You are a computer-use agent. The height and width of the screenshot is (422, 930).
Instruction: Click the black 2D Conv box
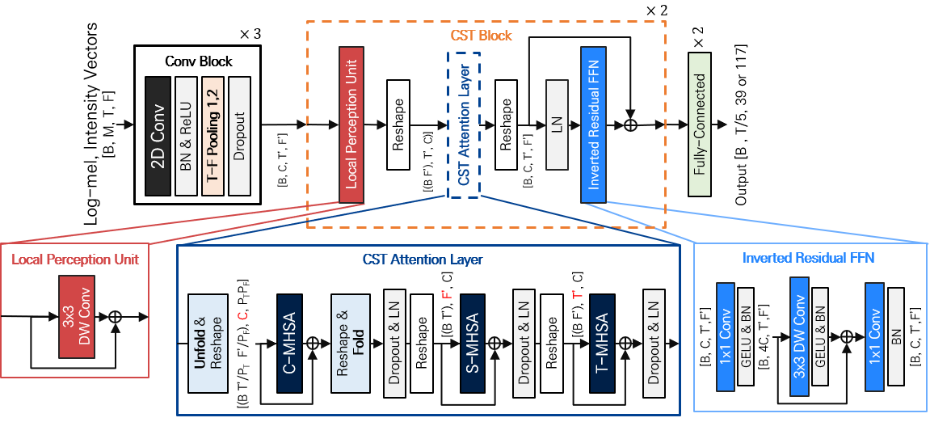click(158, 136)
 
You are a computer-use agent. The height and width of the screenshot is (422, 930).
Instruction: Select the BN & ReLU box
click(187, 136)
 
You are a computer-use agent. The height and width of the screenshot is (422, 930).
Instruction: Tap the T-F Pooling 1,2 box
click(213, 136)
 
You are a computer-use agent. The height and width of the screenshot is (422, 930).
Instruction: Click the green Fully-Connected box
click(701, 125)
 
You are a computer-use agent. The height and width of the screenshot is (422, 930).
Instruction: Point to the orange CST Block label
click(481, 36)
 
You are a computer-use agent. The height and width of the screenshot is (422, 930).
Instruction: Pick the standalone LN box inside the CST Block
click(557, 124)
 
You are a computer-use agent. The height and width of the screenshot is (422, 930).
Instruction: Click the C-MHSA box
click(288, 344)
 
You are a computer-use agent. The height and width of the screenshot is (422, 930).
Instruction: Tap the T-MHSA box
click(602, 344)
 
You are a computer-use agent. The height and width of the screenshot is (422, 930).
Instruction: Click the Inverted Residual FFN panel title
click(808, 259)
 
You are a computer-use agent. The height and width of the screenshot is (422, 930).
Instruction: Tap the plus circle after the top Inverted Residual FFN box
click(632, 124)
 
